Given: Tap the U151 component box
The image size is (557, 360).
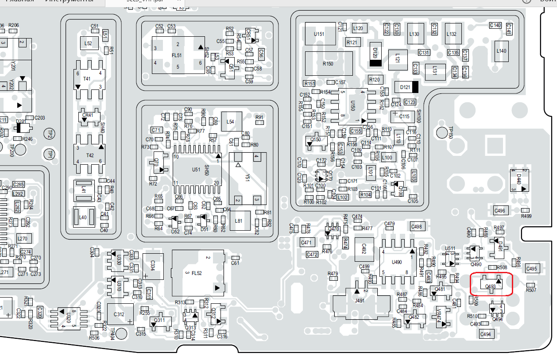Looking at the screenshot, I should pos(319,34).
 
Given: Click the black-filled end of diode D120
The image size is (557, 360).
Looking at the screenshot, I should pos(375,63).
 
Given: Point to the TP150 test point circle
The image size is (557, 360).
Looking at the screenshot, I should pos(442,132).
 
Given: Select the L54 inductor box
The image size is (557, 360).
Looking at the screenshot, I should pos(230,121).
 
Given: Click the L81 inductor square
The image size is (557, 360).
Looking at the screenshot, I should pos(239,221).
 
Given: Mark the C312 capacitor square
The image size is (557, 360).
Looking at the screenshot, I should pos(120,314).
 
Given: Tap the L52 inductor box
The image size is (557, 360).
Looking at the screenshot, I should pos(89,43).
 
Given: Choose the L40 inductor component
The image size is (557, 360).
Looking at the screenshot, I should pos(84,217).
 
